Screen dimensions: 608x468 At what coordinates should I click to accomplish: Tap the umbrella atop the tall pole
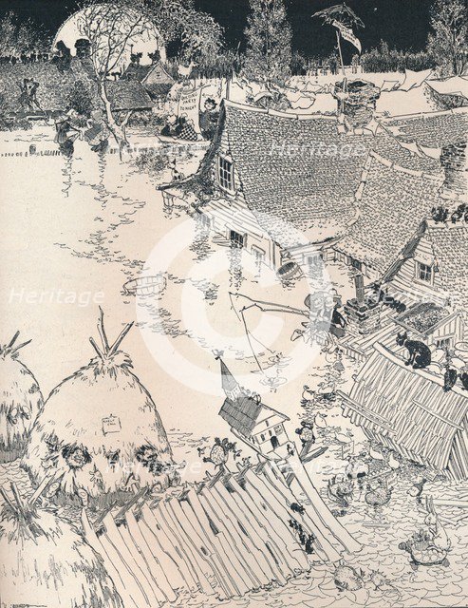339,14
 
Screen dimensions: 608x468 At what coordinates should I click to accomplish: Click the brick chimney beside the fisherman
362,313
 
